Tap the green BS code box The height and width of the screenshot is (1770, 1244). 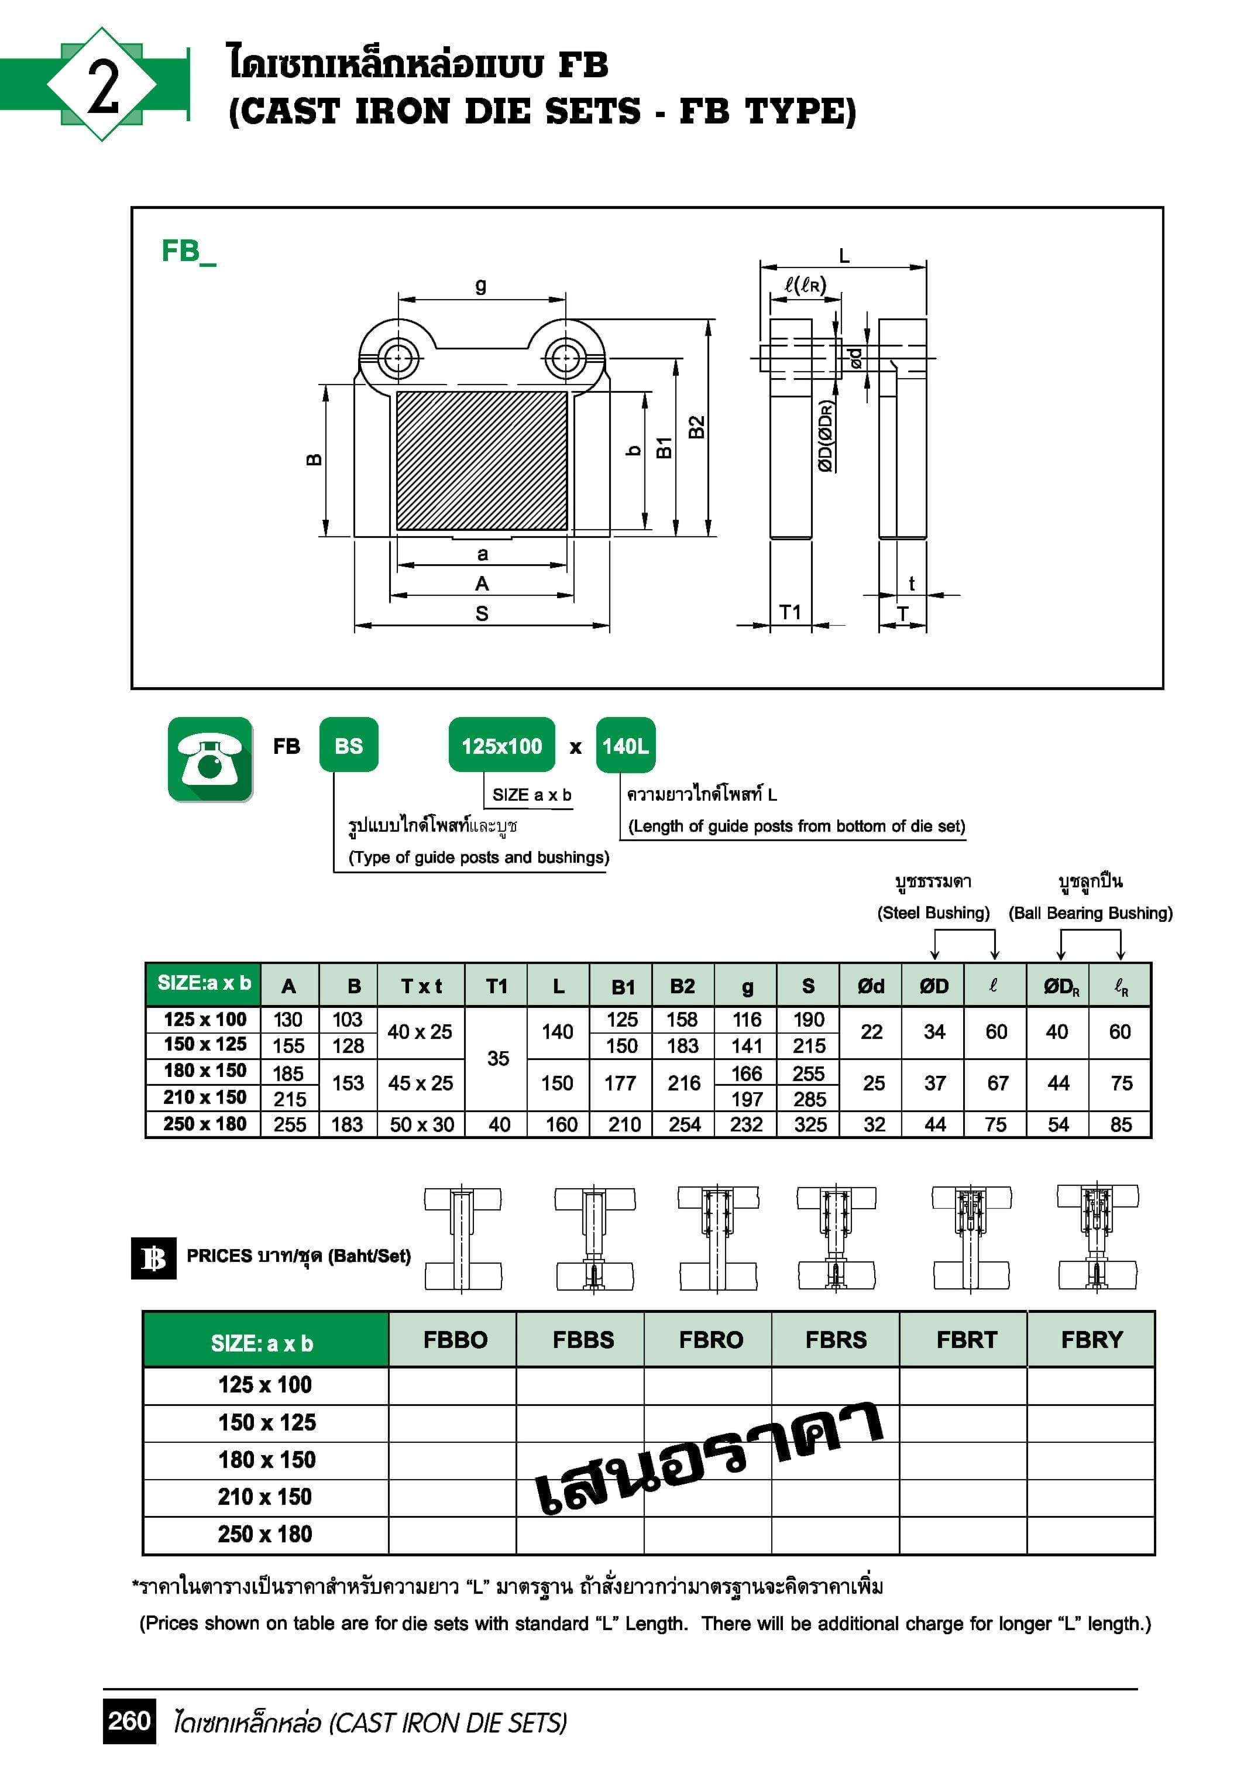point(348,746)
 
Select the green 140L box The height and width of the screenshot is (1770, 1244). point(625,746)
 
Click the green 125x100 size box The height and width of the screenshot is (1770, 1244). point(502,746)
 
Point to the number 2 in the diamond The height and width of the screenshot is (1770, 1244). point(102,85)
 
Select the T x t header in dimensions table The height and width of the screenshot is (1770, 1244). point(421,986)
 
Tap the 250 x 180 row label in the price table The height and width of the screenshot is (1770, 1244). point(264,1534)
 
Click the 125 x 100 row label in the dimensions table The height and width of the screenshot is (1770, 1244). point(204,1019)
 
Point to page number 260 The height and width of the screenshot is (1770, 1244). point(129,1721)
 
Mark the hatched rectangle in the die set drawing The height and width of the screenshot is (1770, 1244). point(482,460)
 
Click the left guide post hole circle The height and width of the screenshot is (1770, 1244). point(398,358)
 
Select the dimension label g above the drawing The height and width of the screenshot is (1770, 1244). point(481,285)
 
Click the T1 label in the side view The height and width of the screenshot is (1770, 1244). point(790,612)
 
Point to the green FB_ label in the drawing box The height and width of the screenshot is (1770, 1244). point(188,251)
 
